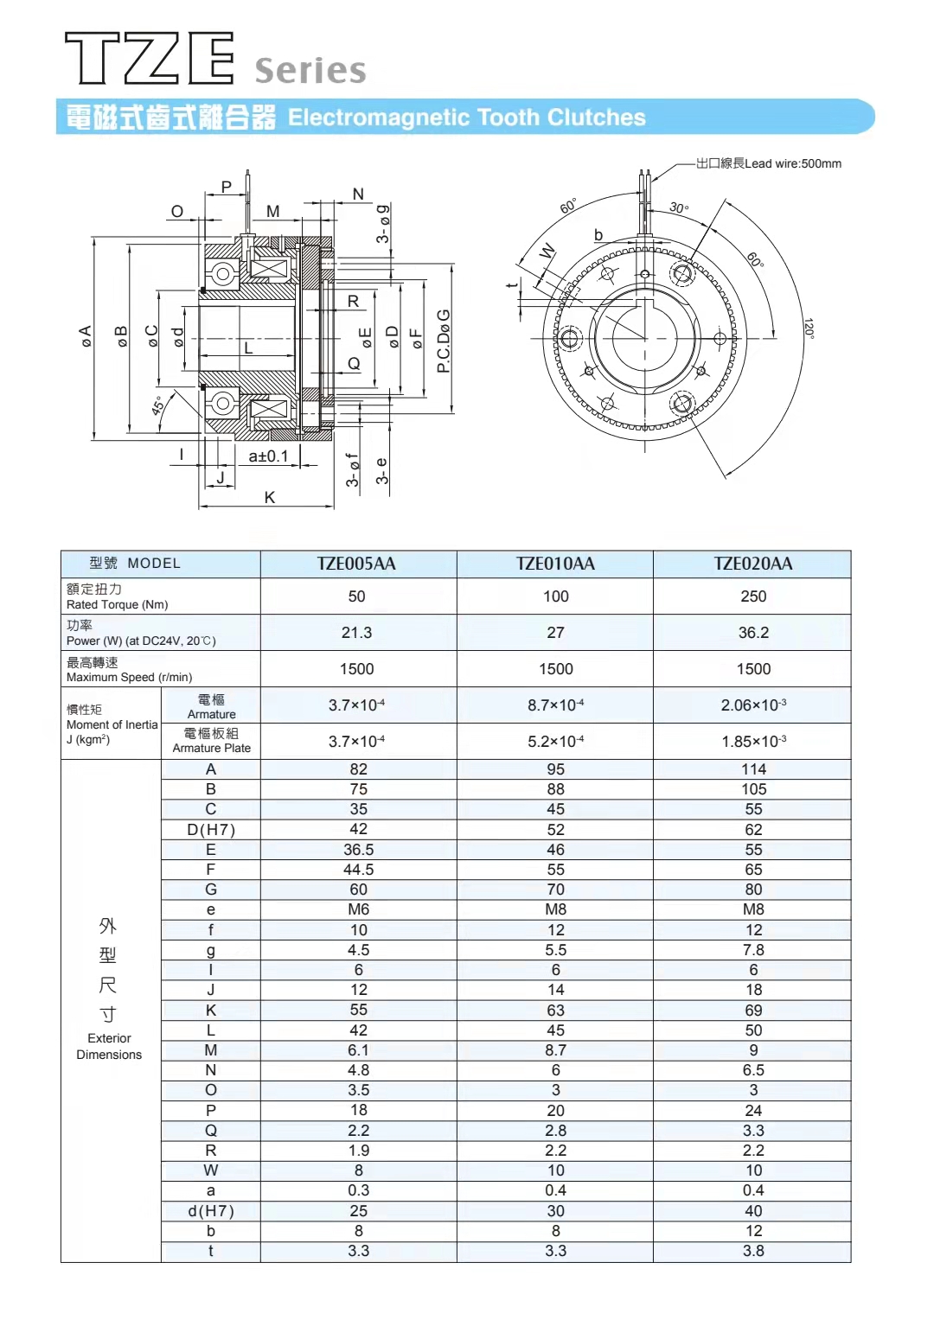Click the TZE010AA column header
pos(555,564)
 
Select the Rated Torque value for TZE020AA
pos(753,596)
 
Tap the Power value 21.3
pos(356,633)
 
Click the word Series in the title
pos(310,71)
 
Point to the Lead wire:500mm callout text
pos(769,163)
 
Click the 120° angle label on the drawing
pos(809,328)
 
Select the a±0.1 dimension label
pos(268,456)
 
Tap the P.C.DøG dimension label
pos(444,341)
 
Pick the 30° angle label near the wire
pos(679,207)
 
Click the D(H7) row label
pos(211,830)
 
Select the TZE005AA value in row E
pos(358,850)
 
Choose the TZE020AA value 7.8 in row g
pos(753,950)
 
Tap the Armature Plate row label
pos(211,741)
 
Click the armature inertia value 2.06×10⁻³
pos(753,705)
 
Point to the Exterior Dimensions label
pos(109,1046)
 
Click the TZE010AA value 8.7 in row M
pos(555,1050)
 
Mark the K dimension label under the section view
pos(270,497)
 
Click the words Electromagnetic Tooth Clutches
pos(466,118)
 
